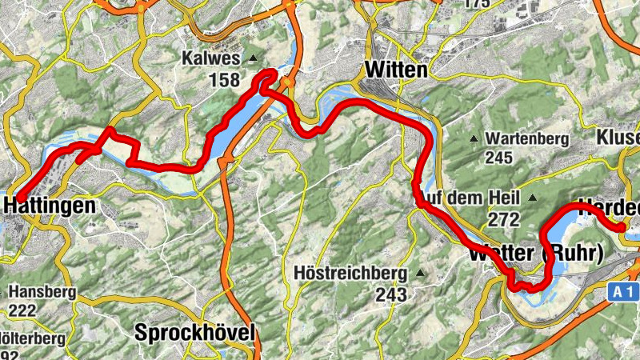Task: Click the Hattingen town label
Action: (x=50, y=206)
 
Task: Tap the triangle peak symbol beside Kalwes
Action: (x=254, y=58)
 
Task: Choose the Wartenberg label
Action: (x=526, y=139)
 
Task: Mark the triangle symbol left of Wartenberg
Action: (x=473, y=139)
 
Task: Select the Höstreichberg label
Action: (x=351, y=274)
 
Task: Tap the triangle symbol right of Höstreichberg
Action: (x=418, y=274)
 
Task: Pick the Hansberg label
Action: (x=43, y=292)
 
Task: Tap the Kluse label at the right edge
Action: (x=618, y=138)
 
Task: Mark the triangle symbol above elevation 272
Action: (x=532, y=197)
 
